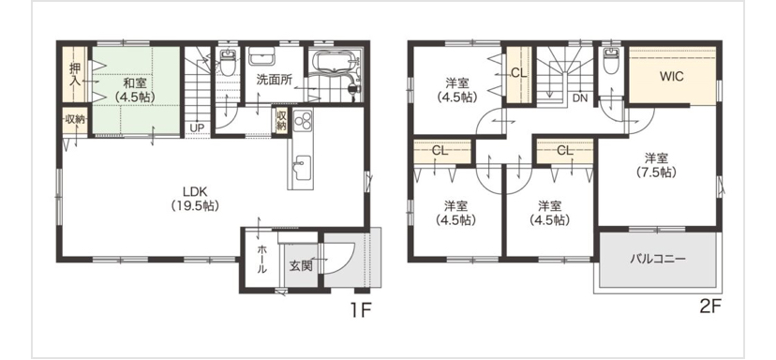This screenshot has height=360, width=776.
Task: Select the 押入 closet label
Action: [75, 74]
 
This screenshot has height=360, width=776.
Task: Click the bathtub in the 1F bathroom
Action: [332, 66]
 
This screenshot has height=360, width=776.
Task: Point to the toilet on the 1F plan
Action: [227, 63]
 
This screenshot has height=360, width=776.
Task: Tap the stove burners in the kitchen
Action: [303, 120]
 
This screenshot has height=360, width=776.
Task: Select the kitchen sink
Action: [301, 168]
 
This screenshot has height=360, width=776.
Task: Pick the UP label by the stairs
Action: [197, 127]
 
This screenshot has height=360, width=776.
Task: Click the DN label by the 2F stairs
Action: [580, 98]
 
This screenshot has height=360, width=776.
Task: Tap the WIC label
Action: [672, 76]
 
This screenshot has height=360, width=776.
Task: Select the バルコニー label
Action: [658, 259]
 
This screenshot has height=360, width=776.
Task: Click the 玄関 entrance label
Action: [301, 266]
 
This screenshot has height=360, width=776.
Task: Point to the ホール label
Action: [261, 260]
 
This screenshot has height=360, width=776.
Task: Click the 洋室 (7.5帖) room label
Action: [656, 165]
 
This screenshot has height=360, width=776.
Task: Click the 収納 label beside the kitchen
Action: [281, 120]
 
